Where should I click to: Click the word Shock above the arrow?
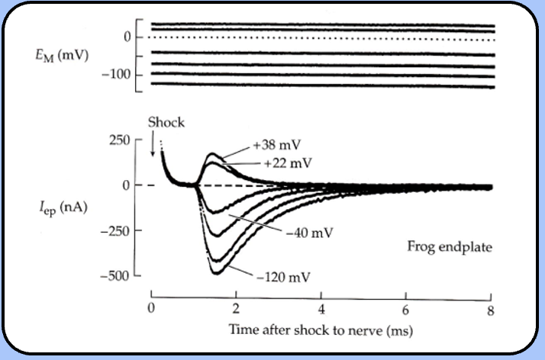click(166, 122)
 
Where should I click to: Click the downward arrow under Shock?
click(153, 144)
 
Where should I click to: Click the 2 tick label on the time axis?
click(237, 309)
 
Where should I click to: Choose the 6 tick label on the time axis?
click(407, 309)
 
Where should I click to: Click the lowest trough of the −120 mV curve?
click(216, 272)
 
